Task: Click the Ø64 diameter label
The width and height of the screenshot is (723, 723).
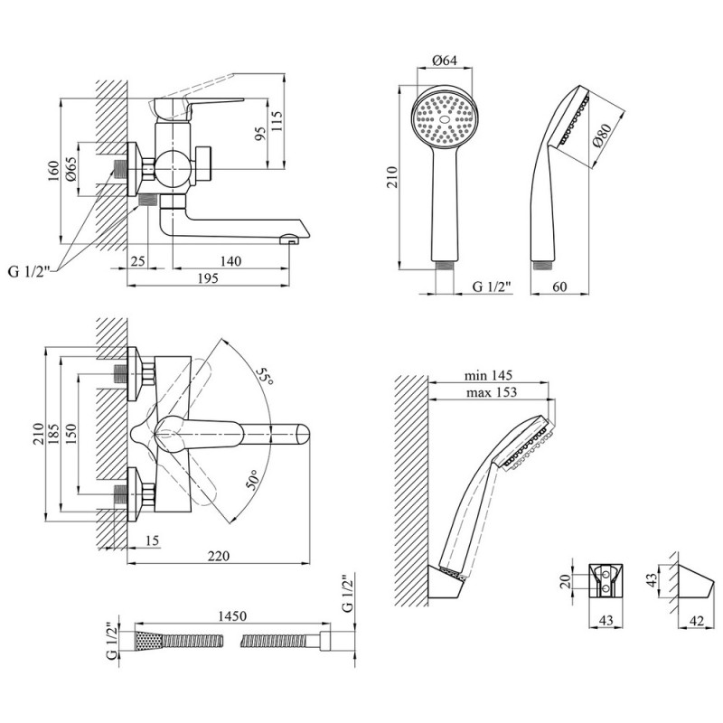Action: tap(445, 61)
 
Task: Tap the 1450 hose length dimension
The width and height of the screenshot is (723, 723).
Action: tap(232, 615)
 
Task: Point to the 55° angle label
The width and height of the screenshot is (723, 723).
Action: tap(265, 376)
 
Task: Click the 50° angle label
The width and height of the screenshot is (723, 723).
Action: tap(253, 481)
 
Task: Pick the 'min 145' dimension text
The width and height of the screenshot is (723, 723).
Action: tap(488, 376)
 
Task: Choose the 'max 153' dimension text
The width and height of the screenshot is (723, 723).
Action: tap(492, 392)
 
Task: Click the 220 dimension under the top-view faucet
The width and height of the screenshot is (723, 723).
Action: tap(218, 556)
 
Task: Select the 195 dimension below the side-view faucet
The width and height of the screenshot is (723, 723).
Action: tap(208, 278)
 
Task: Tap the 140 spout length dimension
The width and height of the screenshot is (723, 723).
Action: tap(230, 261)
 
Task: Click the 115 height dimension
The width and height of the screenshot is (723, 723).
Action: tap(277, 121)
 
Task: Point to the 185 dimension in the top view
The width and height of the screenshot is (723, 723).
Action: tap(54, 434)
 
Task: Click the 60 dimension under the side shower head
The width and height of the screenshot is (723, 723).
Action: tap(559, 286)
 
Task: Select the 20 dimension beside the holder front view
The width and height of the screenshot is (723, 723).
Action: tap(567, 580)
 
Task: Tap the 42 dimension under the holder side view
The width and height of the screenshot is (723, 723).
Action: tap(697, 621)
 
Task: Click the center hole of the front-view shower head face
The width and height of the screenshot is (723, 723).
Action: tap(445, 119)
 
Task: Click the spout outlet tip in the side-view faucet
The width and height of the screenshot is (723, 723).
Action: tap(289, 239)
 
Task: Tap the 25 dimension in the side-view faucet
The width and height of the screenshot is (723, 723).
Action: tap(137, 261)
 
